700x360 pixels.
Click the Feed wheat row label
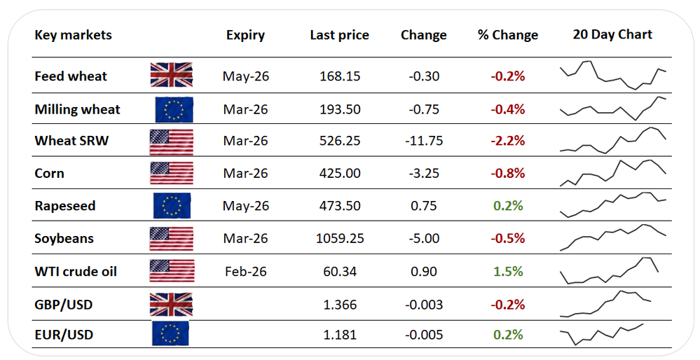click(71, 76)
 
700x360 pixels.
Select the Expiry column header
click(245, 35)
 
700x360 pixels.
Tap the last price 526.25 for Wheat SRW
click(339, 141)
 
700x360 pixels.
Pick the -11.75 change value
click(424, 141)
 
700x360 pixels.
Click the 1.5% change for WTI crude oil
click(509, 271)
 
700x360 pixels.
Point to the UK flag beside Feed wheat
click(171, 75)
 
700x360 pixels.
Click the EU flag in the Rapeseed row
click(172, 206)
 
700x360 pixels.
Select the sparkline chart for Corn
click(612, 173)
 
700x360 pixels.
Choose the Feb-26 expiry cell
click(245, 271)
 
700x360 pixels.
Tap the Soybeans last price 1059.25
click(339, 239)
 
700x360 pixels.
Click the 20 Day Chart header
click(612, 34)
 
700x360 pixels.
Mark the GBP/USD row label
click(64, 305)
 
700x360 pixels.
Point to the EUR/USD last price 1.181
click(340, 335)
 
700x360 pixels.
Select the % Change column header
click(508, 35)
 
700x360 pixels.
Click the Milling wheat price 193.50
click(339, 109)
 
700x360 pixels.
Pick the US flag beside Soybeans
click(171, 239)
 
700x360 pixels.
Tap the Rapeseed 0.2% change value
click(509, 206)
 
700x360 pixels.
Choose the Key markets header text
click(73, 35)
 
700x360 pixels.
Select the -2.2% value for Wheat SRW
click(508, 141)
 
